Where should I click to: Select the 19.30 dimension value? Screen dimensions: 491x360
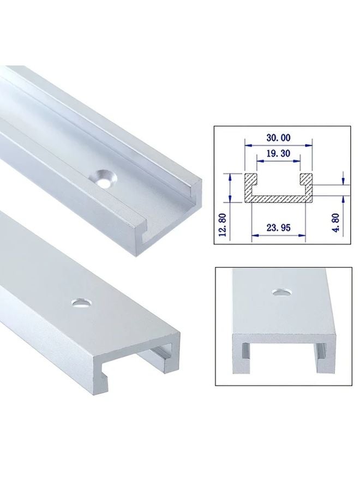pos(279,154)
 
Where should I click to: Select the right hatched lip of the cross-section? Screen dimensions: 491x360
pos(305,178)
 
